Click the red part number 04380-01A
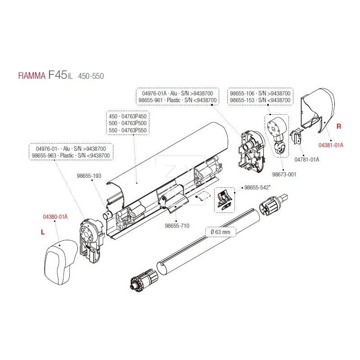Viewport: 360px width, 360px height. (55, 216)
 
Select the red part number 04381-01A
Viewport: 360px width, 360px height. (331, 145)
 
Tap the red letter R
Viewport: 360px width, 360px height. (339, 126)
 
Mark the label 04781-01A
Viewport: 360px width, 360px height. (307, 159)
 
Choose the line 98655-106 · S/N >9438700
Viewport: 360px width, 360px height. (260, 93)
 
